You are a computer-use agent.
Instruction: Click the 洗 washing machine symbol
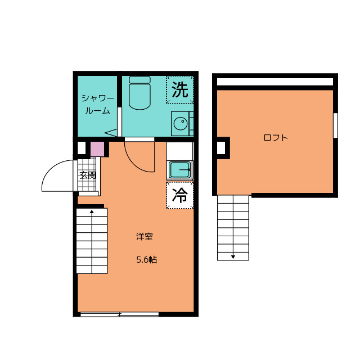[x=180, y=90]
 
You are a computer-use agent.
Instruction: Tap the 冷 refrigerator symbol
[x=180, y=195]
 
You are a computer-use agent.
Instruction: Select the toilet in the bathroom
[x=139, y=93]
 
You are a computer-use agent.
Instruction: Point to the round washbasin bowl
[x=181, y=124]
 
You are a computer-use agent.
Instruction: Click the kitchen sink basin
[x=180, y=170]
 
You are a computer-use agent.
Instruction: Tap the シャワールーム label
[x=98, y=105]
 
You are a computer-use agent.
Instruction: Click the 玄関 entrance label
[x=88, y=175]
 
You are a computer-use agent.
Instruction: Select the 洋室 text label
[x=145, y=237]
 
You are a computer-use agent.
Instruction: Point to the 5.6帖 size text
[x=147, y=260]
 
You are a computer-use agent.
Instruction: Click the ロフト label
[x=276, y=138]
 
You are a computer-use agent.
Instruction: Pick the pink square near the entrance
[x=97, y=149]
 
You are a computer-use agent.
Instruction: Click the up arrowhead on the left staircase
[x=92, y=211]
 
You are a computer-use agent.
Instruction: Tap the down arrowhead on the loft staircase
[x=233, y=257]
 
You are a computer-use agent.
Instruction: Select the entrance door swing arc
[x=51, y=169]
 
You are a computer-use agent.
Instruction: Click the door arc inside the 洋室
[x=133, y=163]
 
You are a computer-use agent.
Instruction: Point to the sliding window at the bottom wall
[x=119, y=314]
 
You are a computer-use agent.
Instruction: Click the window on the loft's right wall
[x=335, y=125]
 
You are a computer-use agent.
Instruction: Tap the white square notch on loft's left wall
[x=221, y=148]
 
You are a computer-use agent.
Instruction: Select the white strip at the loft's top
[x=275, y=82]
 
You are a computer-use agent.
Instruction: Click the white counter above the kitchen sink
[x=180, y=151]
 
